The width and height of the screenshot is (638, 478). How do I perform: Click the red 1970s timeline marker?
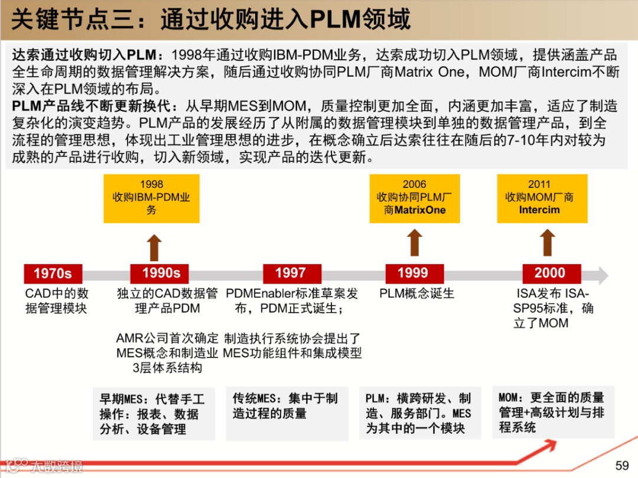[53, 274]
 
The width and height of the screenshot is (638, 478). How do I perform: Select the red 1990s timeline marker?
[161, 274]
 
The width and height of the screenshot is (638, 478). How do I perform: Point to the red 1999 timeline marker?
[412, 274]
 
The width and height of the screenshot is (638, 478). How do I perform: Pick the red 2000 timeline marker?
[550, 274]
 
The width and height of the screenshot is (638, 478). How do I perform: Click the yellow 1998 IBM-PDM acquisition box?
[151, 199]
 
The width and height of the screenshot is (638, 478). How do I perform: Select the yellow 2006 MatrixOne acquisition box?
[414, 199]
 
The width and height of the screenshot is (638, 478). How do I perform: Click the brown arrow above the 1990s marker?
[154, 247]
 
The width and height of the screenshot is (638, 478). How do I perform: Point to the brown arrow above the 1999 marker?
[415, 243]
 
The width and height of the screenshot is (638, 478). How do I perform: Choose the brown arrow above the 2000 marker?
[548, 243]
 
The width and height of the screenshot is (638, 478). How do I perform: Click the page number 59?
[622, 465]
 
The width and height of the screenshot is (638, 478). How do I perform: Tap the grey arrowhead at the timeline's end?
[602, 275]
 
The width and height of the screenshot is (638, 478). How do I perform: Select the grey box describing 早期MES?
[153, 414]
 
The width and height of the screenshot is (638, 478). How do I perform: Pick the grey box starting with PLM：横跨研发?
[419, 412]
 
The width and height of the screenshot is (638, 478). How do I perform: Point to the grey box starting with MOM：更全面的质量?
[553, 412]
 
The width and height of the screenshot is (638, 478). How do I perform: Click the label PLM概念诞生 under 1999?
[417, 293]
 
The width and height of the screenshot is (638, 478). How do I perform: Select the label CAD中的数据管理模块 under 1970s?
[57, 301]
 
